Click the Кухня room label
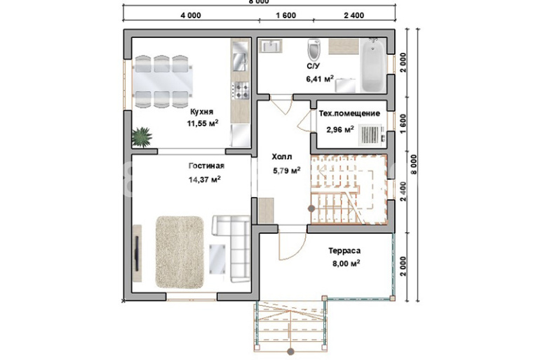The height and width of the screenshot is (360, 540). tap(201, 112)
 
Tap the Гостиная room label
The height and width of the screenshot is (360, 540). tap(206, 166)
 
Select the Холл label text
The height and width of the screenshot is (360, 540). tap(282, 156)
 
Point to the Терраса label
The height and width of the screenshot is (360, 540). tap(344, 251)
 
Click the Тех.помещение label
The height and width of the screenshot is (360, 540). tap(349, 114)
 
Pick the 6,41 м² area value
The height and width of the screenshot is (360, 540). tap(320, 79)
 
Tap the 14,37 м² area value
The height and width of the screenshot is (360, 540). tap(205, 180)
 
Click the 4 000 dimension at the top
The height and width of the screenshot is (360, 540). tap(191, 15)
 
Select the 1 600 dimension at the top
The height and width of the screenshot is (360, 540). tap(286, 15)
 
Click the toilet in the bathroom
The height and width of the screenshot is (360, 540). tap(313, 49)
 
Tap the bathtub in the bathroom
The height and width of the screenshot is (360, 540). tap(373, 65)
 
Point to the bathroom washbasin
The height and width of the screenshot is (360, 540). tap(271, 46)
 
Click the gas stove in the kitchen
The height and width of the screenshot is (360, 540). tap(241, 91)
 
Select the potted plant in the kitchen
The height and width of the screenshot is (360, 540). tap(142, 137)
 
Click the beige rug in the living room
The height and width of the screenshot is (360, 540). tap(180, 252)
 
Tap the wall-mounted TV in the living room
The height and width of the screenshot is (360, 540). tap(137, 253)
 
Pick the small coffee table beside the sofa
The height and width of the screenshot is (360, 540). tap(217, 259)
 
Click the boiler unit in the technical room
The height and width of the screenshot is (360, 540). tap(370, 134)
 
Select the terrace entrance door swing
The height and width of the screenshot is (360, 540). tap(292, 245)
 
